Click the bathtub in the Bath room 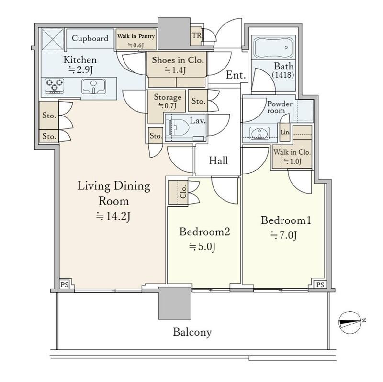pyautogui.click(x=273, y=47)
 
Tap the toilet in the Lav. pyautogui.click(x=177, y=127)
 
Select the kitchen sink pyautogui.click(x=93, y=86)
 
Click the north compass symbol pyautogui.click(x=350, y=323)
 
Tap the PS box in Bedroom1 pyautogui.click(x=320, y=284)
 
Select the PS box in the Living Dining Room pyautogui.click(x=65, y=284)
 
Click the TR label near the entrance pyautogui.click(x=197, y=35)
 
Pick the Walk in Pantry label pyautogui.click(x=136, y=36)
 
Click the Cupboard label pyautogui.click(x=90, y=38)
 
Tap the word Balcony pyautogui.click(x=192, y=332)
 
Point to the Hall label pyautogui.click(x=218, y=161)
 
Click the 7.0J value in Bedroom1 pyautogui.click(x=283, y=235)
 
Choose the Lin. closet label pyautogui.click(x=285, y=133)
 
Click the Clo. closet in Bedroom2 pyautogui.click(x=178, y=192)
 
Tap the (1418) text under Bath pyautogui.click(x=283, y=75)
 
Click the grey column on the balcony pyautogui.click(x=175, y=303)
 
